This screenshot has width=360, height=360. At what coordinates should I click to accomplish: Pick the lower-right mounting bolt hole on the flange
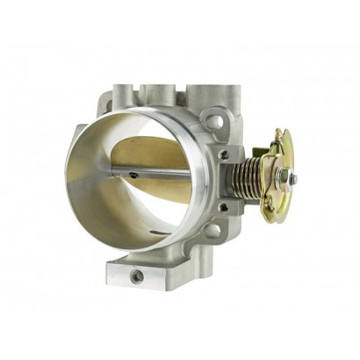[212, 231]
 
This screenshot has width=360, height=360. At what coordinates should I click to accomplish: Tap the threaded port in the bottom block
[137, 275]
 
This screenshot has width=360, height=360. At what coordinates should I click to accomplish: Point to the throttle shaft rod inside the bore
[176, 171]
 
